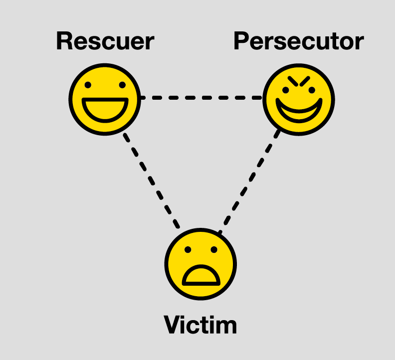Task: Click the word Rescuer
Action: (x=105, y=41)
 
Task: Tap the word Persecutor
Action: (x=298, y=42)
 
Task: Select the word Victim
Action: (x=200, y=325)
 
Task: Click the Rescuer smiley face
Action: (x=104, y=99)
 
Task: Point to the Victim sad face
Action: (x=200, y=264)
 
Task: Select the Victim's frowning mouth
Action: (x=200, y=275)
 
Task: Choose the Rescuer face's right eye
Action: (x=121, y=85)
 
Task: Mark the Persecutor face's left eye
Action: (x=286, y=90)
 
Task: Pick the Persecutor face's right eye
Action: (x=312, y=90)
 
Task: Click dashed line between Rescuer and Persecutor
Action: (x=200, y=98)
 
